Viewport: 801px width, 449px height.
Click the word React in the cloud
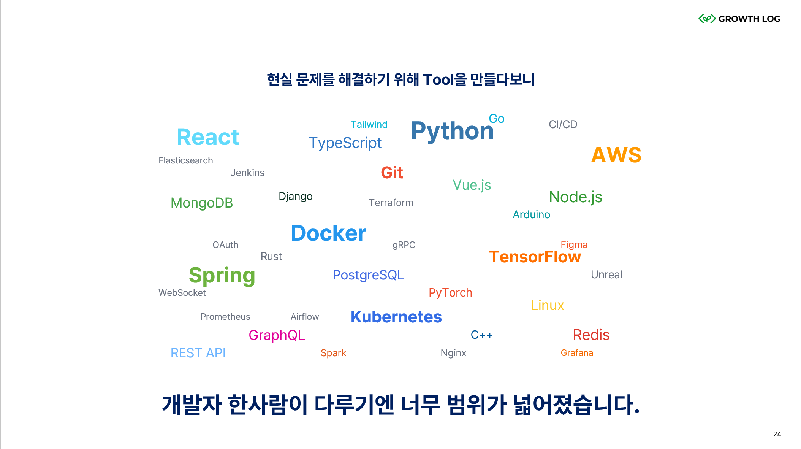pos(208,137)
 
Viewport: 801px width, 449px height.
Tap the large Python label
pos(452,131)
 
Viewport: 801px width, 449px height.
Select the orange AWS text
pos(616,155)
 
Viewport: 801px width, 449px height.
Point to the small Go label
pos(496,119)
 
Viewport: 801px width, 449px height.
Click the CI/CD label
pos(563,124)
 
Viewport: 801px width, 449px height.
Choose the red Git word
pos(392,173)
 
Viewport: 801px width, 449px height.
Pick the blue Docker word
pos(328,233)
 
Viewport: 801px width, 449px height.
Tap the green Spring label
pos(222,275)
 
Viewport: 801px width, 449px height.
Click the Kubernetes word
pos(396,317)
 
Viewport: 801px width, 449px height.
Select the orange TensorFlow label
pos(535,257)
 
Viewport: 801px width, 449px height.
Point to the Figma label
pos(574,244)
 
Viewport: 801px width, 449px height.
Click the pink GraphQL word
pos(277,335)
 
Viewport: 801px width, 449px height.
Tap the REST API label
pos(198,353)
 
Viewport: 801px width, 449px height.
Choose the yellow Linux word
pos(547,305)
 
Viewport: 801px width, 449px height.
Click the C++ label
pos(481,335)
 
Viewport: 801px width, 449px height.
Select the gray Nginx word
pos(453,353)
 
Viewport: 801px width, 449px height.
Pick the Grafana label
pos(576,353)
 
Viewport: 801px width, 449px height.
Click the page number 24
pos(777,434)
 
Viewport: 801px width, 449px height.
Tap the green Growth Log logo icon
pos(707,19)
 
